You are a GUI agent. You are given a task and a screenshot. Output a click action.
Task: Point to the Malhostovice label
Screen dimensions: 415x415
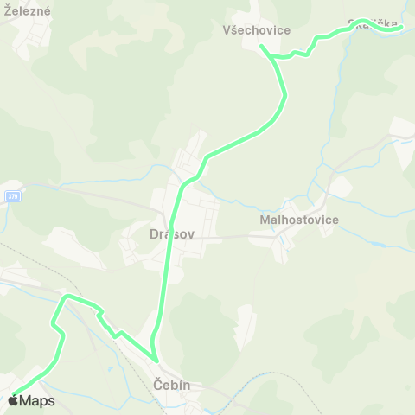(299, 220)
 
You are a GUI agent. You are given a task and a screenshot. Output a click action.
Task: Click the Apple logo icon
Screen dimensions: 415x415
(13, 400)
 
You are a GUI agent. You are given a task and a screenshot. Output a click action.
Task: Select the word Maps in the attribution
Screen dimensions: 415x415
(37, 401)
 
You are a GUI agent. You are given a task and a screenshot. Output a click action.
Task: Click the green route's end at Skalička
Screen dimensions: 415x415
(400, 28)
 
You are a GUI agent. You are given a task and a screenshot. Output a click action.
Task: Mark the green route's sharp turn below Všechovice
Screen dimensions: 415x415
(262, 47)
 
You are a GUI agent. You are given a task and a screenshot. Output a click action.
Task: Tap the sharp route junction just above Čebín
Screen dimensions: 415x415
(156, 360)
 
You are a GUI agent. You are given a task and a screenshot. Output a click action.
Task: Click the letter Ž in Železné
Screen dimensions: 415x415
(8, 11)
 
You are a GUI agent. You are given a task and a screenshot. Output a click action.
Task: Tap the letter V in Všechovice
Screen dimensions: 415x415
(225, 30)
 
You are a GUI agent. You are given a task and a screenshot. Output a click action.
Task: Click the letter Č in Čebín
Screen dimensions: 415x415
(156, 383)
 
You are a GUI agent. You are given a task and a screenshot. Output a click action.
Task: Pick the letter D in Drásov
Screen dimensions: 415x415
(153, 233)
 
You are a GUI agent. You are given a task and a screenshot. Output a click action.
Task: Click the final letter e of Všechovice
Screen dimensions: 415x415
(286, 30)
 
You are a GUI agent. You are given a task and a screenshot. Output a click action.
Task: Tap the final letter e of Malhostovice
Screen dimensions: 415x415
(335, 220)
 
